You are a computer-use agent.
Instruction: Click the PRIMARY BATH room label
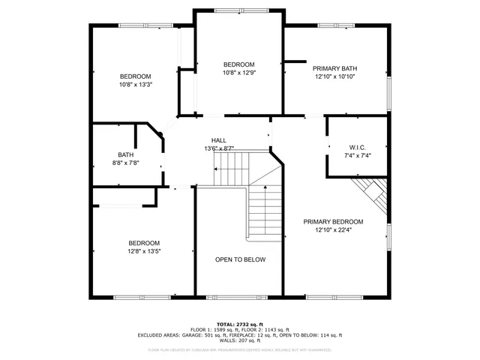click(334, 68)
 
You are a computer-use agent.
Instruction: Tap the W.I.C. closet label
click(357, 147)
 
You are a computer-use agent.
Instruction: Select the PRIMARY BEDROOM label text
click(333, 222)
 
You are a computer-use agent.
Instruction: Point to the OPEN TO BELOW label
click(240, 259)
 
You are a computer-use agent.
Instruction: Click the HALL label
click(219, 140)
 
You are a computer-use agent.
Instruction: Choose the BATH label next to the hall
click(124, 155)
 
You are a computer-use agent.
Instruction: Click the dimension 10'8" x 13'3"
click(136, 85)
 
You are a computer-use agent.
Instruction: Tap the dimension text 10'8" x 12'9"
click(239, 73)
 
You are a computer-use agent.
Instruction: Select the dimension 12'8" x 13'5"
click(143, 251)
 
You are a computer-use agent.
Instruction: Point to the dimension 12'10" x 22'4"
click(333, 230)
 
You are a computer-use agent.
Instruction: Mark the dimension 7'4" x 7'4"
click(357, 155)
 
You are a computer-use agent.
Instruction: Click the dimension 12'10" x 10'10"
click(334, 76)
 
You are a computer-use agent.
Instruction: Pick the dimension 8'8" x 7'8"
click(125, 163)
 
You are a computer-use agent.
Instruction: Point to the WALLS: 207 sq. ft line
click(240, 341)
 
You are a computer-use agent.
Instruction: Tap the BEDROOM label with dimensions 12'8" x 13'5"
click(143, 243)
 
